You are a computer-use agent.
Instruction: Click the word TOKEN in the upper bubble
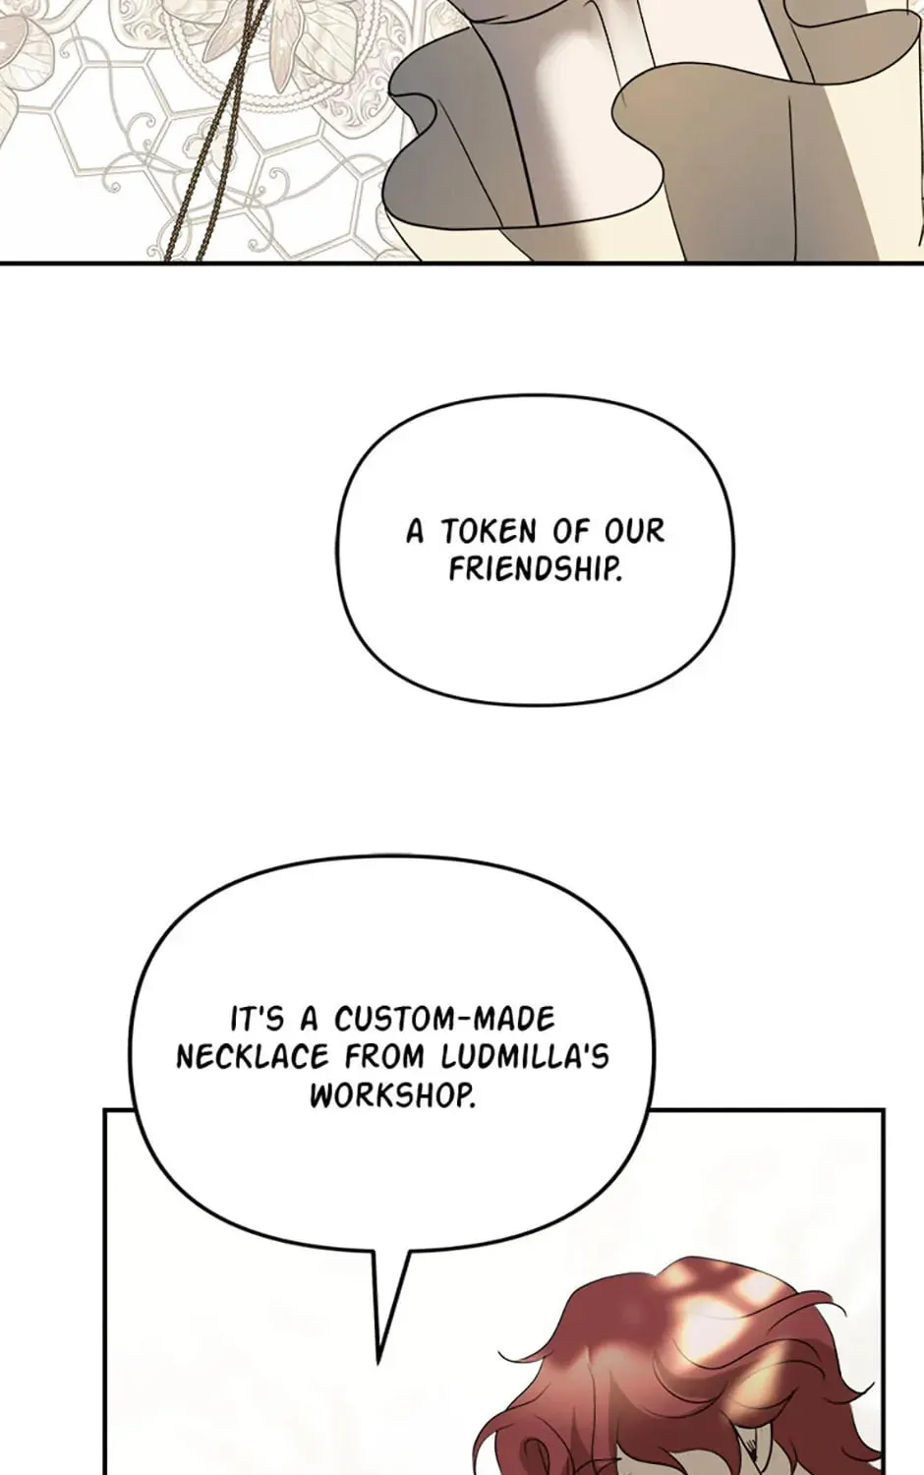489,531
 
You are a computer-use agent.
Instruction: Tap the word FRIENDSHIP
535,570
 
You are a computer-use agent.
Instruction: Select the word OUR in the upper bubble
634,531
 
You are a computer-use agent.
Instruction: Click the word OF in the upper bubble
570,531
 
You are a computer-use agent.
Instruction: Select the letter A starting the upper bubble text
415,531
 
